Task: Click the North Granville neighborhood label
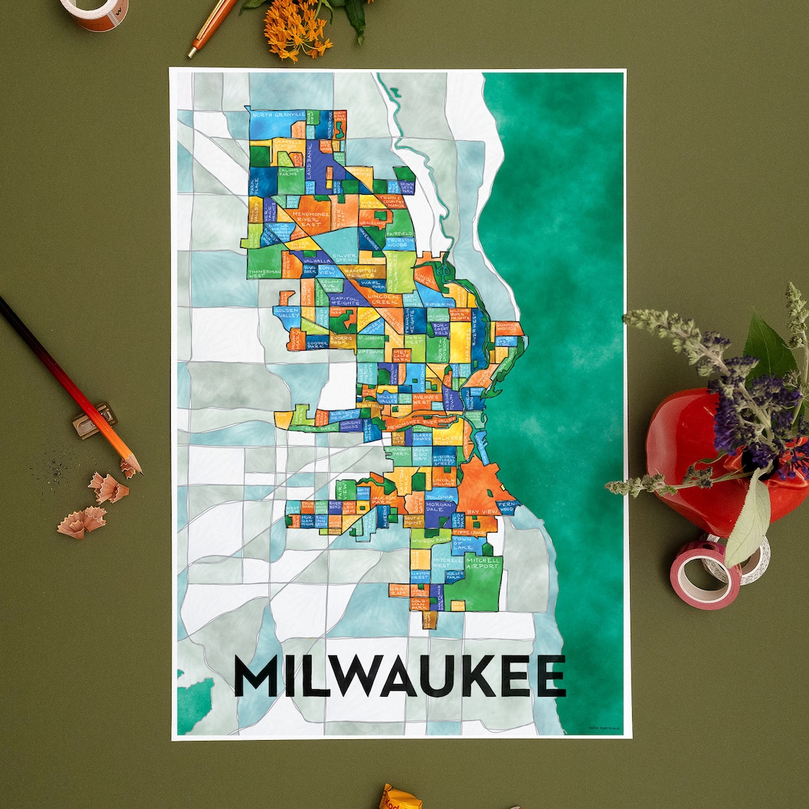coord(279,115)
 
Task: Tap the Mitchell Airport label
coord(482,563)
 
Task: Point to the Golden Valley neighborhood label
coord(286,314)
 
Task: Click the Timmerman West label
coord(264,273)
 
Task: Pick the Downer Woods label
coord(508,327)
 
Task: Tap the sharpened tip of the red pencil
coord(137,470)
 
